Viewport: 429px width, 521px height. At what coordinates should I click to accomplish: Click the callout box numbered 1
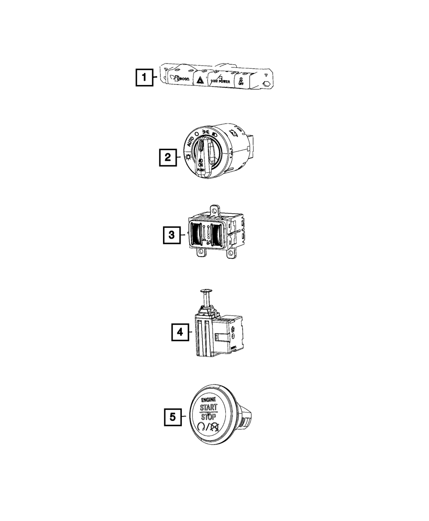coord(144,79)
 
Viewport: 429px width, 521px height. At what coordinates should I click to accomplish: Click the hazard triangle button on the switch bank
coord(199,80)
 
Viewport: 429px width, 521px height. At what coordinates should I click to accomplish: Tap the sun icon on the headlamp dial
coord(188,158)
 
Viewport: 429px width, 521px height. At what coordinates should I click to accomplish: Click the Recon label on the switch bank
coord(181,79)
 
